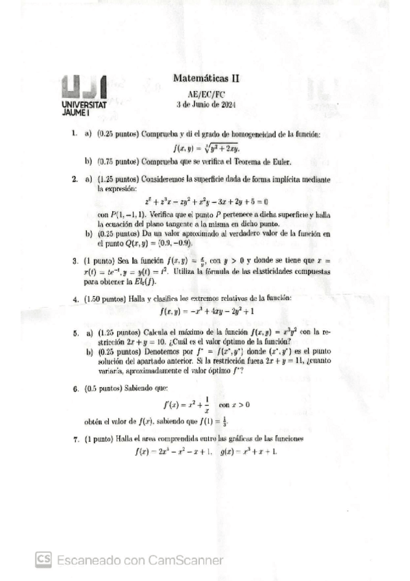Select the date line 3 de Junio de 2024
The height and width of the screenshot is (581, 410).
205,105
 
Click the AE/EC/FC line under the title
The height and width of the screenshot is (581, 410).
205,94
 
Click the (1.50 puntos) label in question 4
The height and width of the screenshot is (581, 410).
108,299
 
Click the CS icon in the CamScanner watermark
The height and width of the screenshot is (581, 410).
44,559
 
